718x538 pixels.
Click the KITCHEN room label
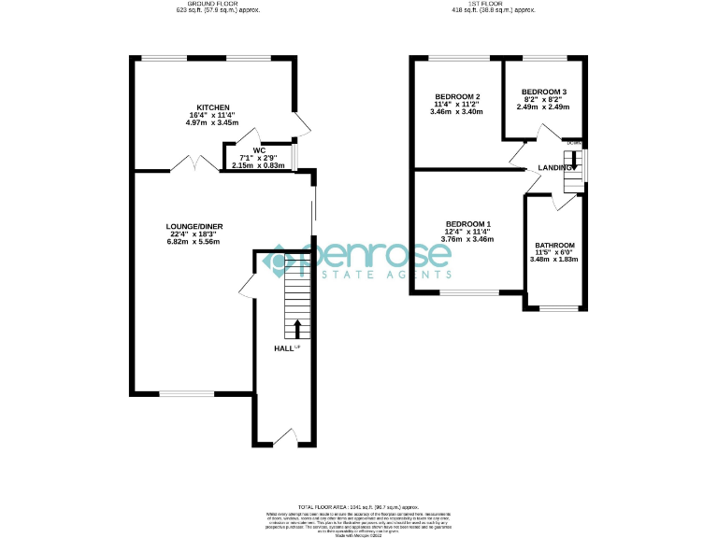(x=213, y=108)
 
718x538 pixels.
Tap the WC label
(x=259, y=150)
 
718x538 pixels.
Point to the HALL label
(x=282, y=348)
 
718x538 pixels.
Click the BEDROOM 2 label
(x=457, y=97)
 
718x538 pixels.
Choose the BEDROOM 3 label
(x=544, y=92)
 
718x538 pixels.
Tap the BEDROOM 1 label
(x=467, y=224)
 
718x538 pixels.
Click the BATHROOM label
(x=555, y=246)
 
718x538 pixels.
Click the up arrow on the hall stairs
(x=297, y=328)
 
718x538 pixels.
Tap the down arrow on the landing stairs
(x=572, y=158)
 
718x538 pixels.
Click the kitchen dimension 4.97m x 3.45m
(x=213, y=122)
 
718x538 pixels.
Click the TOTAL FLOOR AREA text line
(x=358, y=504)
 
